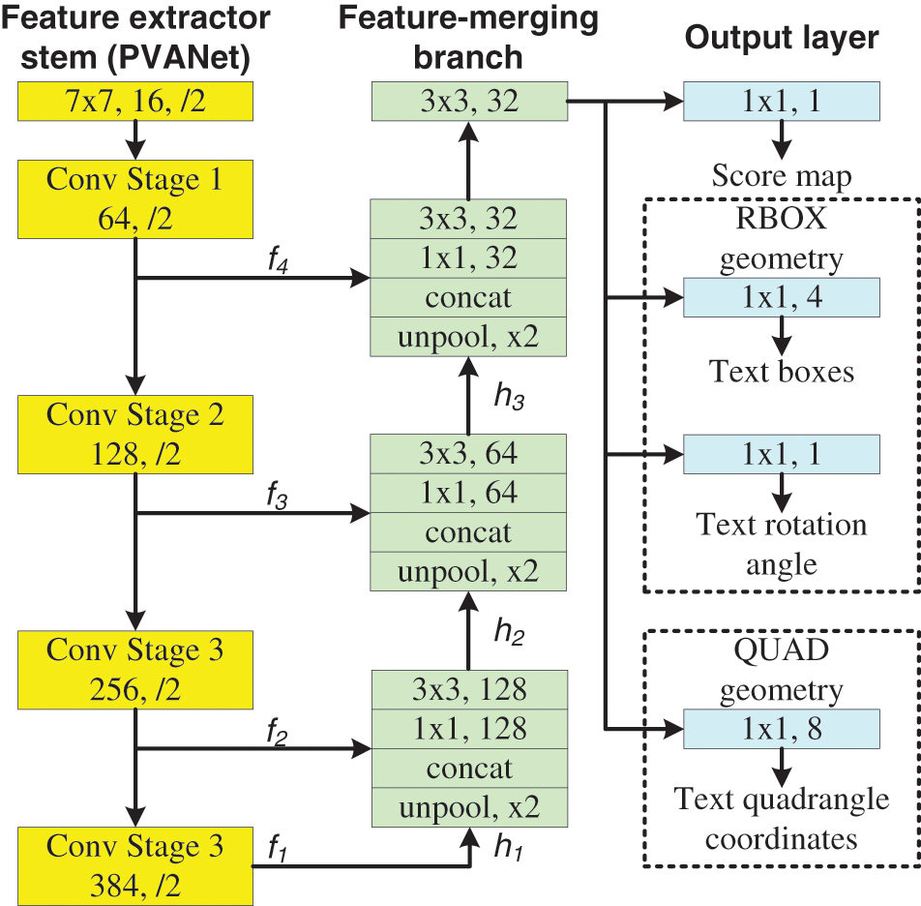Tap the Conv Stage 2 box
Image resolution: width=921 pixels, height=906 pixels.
[x=134, y=433]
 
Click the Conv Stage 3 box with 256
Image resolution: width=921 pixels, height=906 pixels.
[x=134, y=669]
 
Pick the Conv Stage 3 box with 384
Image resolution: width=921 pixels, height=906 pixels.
[x=134, y=864]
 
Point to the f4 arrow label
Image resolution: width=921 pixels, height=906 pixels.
[x=279, y=263]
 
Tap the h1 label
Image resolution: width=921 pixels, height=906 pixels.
[x=508, y=848]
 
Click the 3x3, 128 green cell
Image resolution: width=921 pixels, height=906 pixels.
[x=468, y=689]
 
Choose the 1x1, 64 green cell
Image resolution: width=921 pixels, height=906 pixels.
[x=468, y=493]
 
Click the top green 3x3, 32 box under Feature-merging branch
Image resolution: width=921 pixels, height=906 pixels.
[x=468, y=102]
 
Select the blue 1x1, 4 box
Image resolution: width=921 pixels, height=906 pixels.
[x=782, y=297]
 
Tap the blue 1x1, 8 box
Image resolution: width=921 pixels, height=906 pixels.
[x=782, y=729]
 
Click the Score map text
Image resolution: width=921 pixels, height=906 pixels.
[x=782, y=177]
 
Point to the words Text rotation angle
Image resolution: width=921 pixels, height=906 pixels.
[x=782, y=544]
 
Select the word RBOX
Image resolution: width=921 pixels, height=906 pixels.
[x=782, y=219]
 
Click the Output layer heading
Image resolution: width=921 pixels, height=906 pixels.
[x=782, y=38]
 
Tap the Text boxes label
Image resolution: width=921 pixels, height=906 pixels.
[x=782, y=372]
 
